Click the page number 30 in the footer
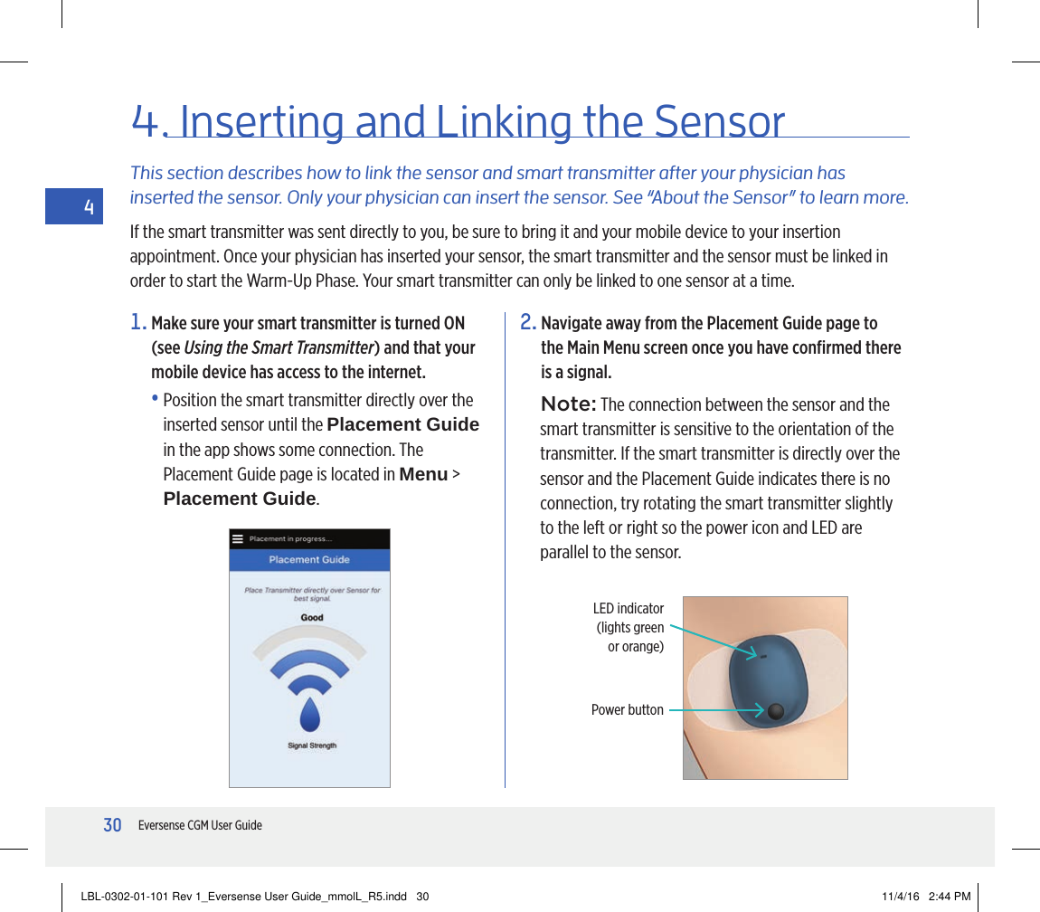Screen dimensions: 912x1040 [x=112, y=825]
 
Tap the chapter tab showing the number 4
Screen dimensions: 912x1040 [x=88, y=207]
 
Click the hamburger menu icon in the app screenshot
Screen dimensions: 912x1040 [x=238, y=539]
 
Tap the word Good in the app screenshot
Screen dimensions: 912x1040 [x=311, y=618]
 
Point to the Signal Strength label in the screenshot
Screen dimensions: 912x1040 [x=311, y=746]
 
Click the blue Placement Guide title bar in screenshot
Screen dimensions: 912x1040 [x=309, y=560]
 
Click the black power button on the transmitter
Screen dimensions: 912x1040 [x=775, y=712]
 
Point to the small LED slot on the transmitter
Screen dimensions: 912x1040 [x=763, y=656]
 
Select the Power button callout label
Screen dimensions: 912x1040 [x=627, y=710]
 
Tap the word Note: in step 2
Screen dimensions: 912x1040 [x=569, y=404]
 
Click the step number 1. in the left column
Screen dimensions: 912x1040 [x=138, y=323]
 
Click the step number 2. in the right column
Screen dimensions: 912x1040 [x=528, y=323]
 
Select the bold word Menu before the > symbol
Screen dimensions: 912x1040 [x=423, y=474]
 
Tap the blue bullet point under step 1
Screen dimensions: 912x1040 [x=156, y=400]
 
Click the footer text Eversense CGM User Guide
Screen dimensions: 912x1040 [x=200, y=825]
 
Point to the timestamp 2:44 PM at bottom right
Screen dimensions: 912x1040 [x=950, y=897]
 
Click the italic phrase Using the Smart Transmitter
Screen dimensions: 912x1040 [x=279, y=348]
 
